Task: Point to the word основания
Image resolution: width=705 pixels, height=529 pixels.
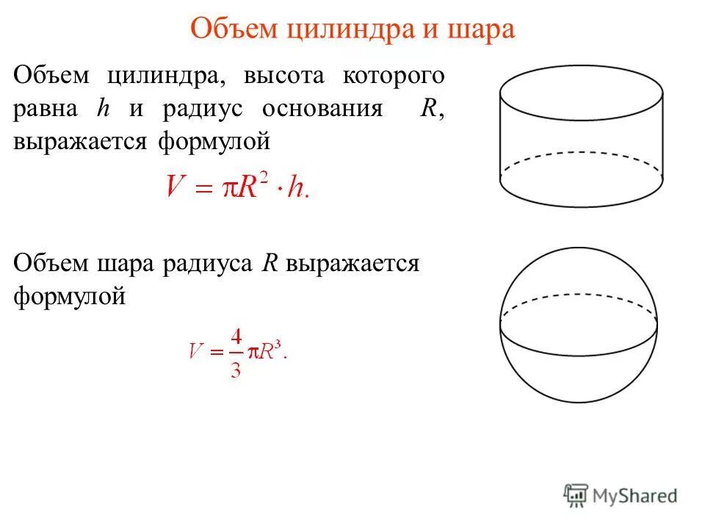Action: [322, 109]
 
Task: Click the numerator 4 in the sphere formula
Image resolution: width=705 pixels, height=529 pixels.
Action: [236, 337]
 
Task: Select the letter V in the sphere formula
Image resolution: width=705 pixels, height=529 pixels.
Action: [195, 353]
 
